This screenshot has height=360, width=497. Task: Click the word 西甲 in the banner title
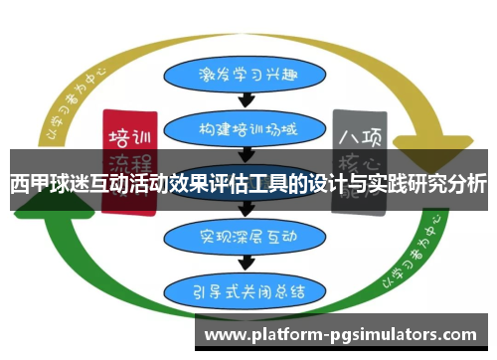(30, 185)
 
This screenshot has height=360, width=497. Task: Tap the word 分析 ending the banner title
(467, 185)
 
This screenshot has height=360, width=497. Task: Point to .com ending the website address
(458, 335)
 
